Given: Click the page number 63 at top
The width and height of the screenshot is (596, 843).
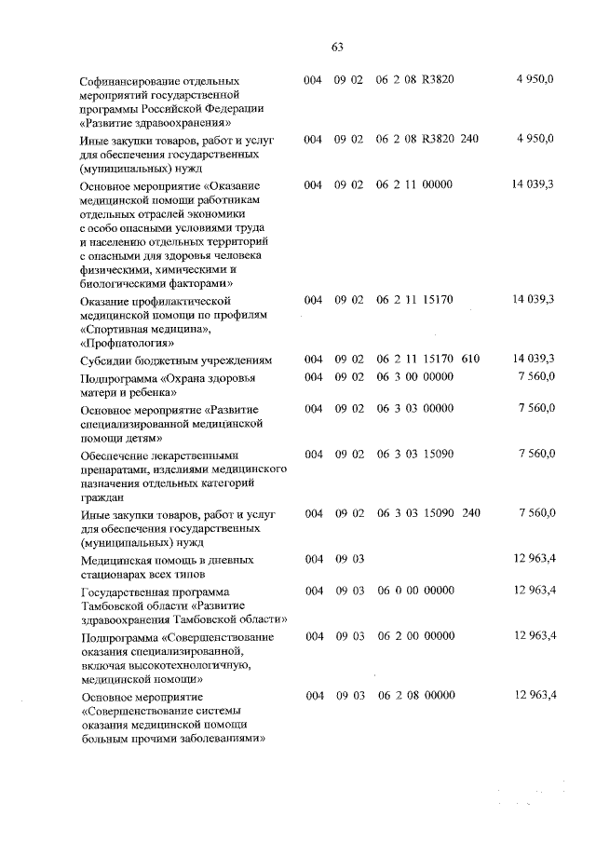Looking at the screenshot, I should click(337, 48).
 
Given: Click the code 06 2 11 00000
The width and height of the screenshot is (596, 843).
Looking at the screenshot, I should click(414, 184).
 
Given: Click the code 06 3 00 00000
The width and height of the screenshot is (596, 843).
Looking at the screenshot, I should click(414, 377).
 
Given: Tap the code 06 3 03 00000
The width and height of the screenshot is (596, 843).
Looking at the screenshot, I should click(414, 408).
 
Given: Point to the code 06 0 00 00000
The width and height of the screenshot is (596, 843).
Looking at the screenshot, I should click(414, 591).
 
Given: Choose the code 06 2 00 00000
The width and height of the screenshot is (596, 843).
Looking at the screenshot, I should click(414, 635).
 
